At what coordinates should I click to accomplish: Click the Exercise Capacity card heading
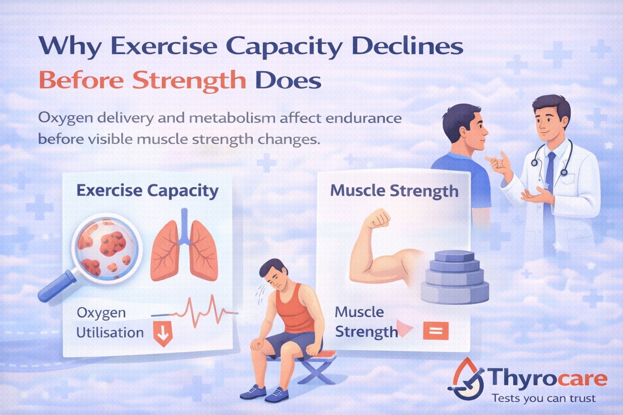coord(147,190)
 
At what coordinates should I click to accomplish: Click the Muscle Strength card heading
coord(394,191)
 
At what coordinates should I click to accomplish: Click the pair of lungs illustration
coord(184,249)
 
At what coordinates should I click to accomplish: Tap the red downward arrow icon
coord(163,333)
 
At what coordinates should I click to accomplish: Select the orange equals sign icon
coord(436,331)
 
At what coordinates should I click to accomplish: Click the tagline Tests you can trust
coord(544,398)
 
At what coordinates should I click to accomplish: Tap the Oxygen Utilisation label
coord(110,323)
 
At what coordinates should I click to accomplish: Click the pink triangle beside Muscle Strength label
coord(404,329)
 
